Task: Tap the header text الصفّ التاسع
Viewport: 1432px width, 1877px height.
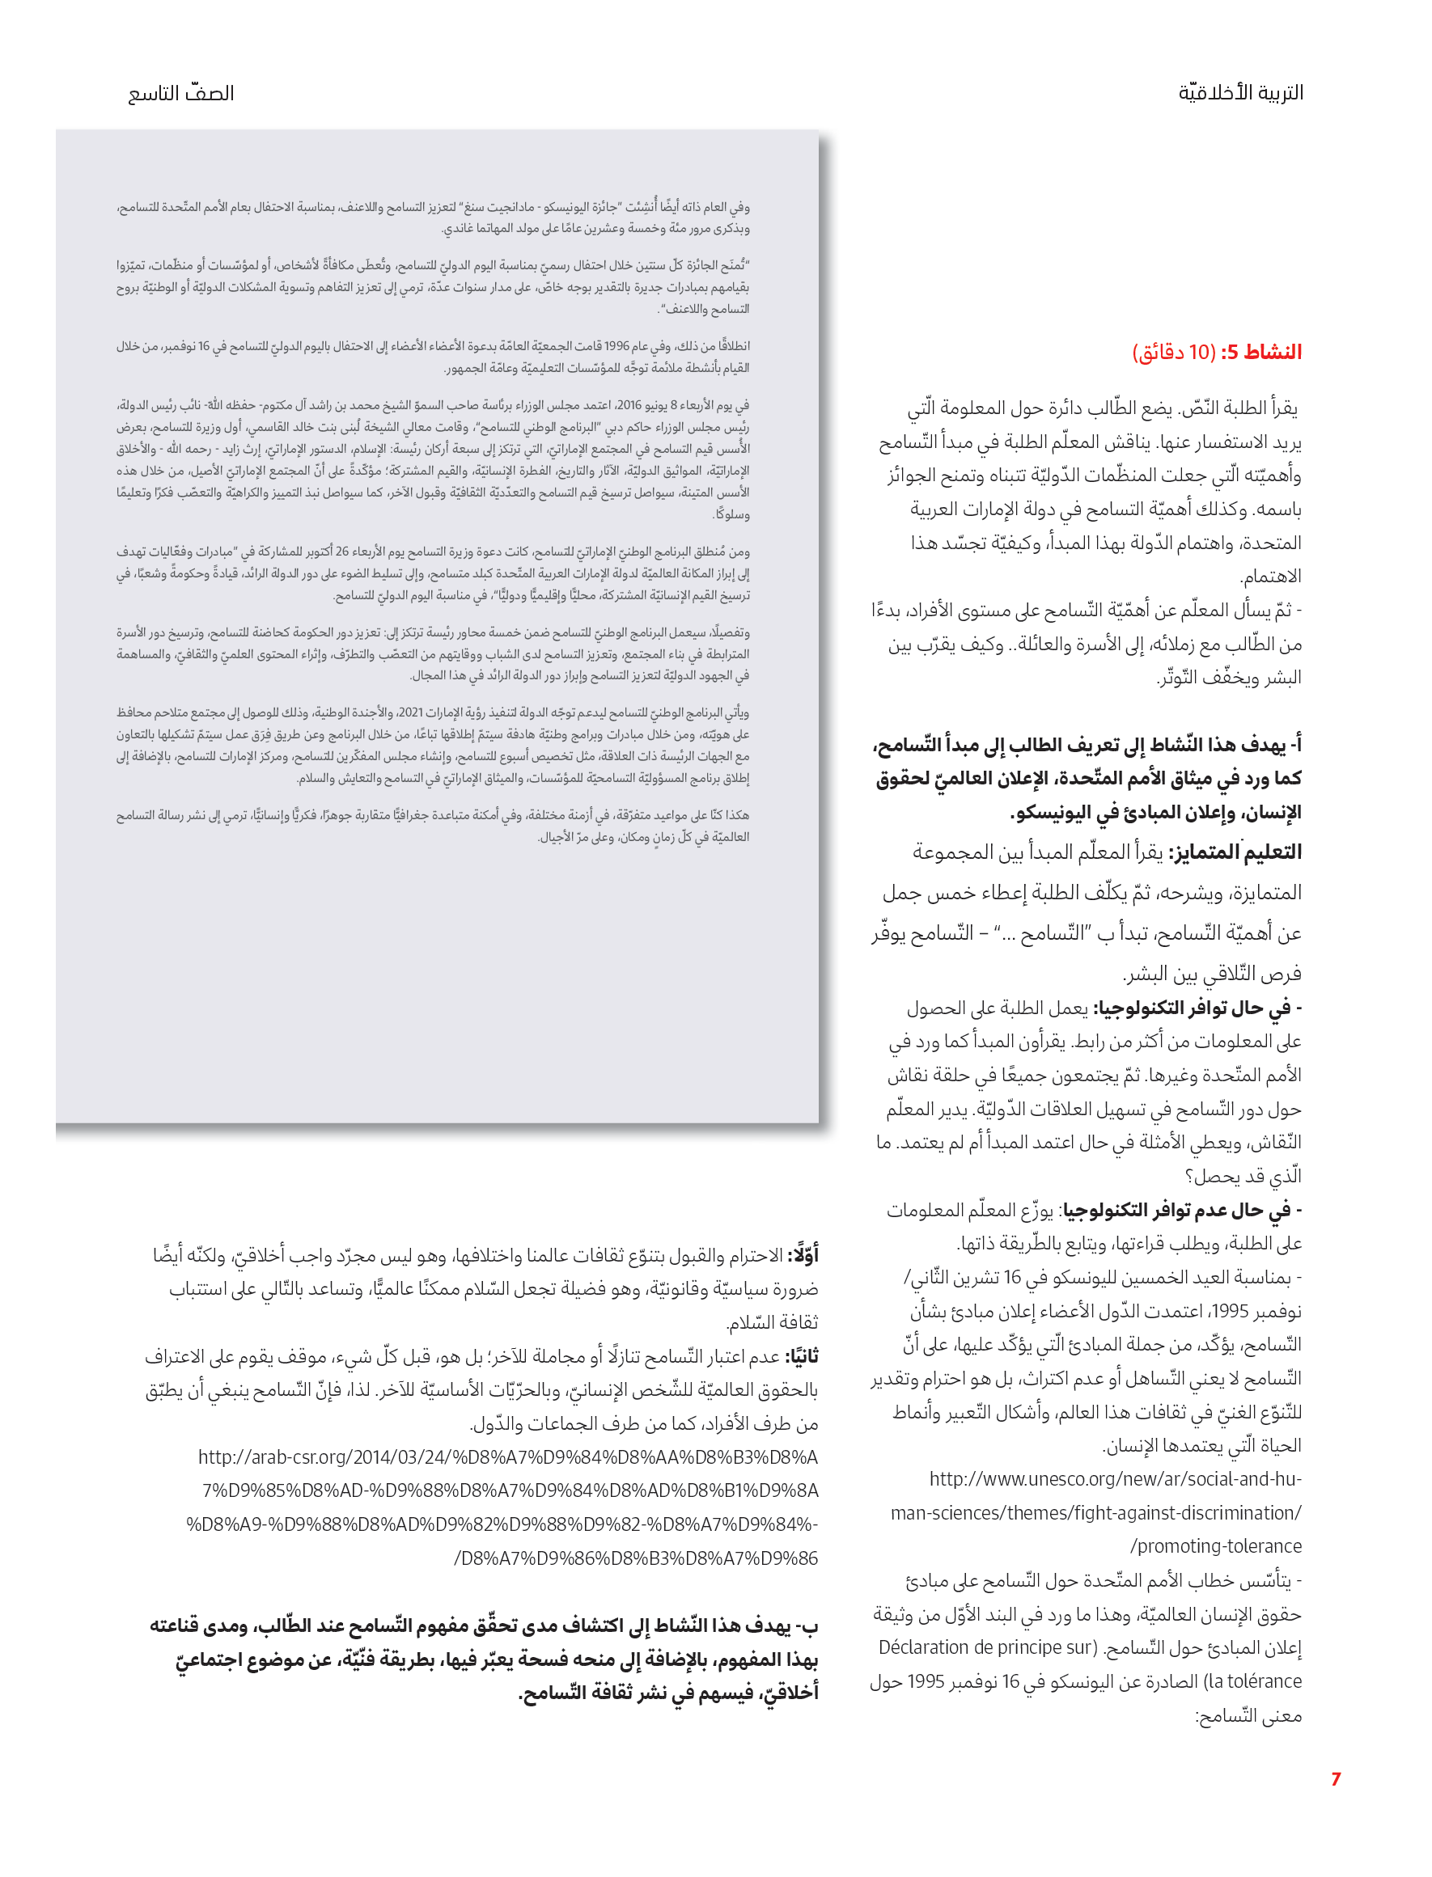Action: [180, 93]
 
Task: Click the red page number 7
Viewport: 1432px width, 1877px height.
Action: [1336, 1779]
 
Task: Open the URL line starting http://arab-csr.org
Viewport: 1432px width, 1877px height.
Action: [508, 1457]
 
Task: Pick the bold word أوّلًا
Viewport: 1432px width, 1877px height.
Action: [802, 1255]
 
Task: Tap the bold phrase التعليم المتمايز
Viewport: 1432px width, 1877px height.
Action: [1235, 852]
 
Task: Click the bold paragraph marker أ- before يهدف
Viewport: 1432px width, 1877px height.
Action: [1294, 745]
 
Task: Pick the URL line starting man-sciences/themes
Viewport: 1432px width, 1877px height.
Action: [1096, 1512]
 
